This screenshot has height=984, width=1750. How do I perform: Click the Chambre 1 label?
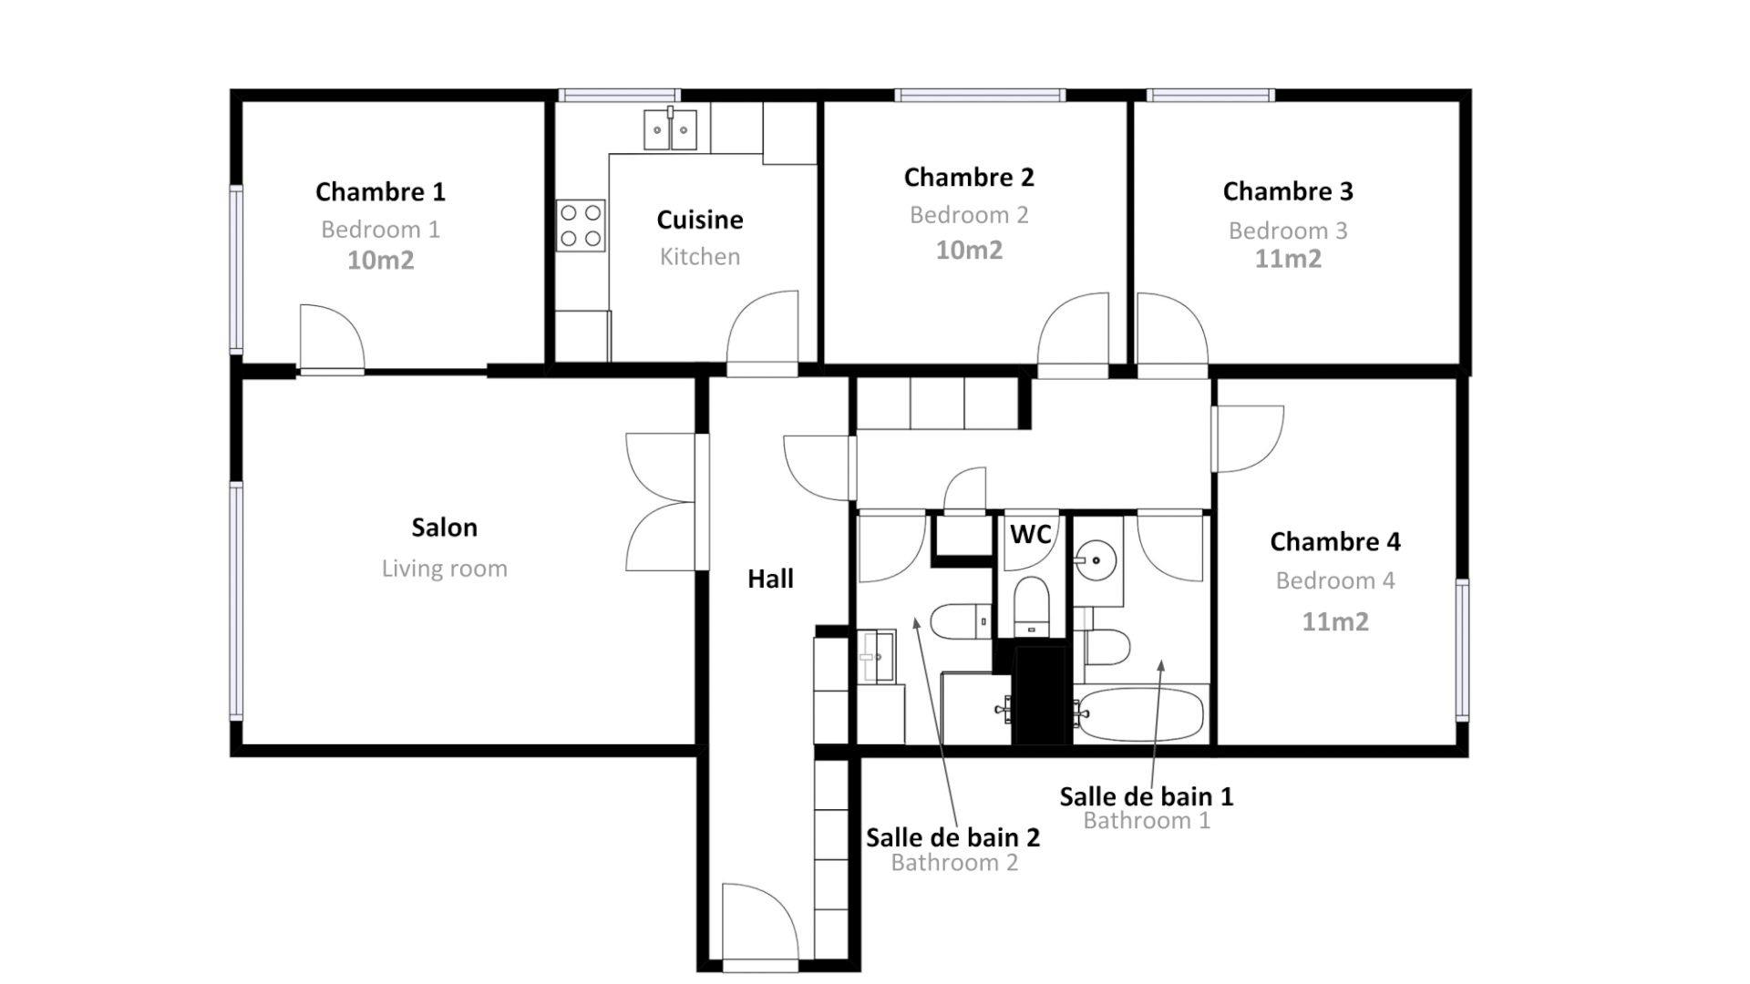tap(380, 192)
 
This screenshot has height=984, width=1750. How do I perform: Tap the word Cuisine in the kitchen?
tap(700, 220)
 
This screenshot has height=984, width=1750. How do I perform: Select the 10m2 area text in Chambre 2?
tap(969, 250)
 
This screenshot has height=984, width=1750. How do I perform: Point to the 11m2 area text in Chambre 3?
tap(1288, 259)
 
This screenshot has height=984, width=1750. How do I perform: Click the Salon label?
tap(444, 528)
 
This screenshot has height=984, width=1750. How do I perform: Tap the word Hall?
tap(770, 579)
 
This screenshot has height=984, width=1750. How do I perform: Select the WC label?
tap(1030, 534)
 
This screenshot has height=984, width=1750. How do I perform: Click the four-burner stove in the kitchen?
tap(581, 226)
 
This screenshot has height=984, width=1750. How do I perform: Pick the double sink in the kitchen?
tap(670, 128)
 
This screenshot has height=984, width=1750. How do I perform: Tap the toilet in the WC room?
tap(1032, 605)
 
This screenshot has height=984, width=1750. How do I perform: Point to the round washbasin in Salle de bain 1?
tap(1096, 559)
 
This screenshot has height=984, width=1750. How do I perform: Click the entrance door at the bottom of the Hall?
tap(760, 922)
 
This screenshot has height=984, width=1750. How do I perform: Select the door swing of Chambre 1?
tap(332, 338)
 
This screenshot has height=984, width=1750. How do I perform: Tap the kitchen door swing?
tap(762, 333)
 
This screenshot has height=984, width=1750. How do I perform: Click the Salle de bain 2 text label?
tap(952, 837)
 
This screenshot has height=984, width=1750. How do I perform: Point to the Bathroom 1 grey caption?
tap(1147, 820)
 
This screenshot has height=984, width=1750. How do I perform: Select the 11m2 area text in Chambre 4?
tap(1335, 621)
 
